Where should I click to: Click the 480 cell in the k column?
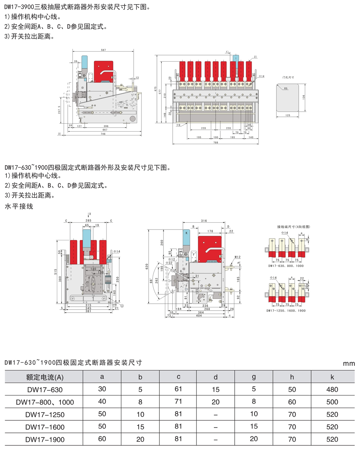coord(332,389)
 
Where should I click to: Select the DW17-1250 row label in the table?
coord(45,414)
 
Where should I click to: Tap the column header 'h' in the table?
coord(292,377)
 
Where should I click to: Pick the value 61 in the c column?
coord(179,389)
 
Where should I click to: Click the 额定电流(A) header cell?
coord(45,377)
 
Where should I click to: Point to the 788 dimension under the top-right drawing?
coord(216,143)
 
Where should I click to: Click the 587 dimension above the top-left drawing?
coord(103,50)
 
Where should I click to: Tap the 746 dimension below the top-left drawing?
coord(103,134)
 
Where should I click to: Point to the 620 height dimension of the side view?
coord(147,267)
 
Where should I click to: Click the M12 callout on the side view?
coord(237,257)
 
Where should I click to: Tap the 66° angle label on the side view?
coord(151,280)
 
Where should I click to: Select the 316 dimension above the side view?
coord(204,221)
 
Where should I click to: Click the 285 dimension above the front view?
coord(88,221)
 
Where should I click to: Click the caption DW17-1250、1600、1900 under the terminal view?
coord(286,311)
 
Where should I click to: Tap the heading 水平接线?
coord(19,206)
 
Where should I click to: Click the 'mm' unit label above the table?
coord(348,364)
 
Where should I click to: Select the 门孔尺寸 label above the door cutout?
coord(288,77)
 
